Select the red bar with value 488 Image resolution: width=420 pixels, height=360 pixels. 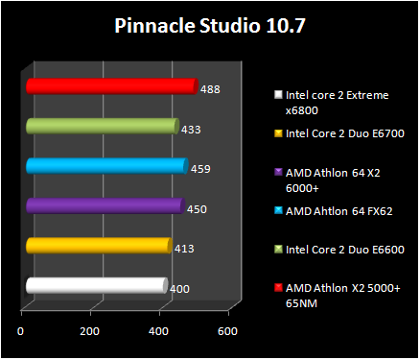click(110, 86)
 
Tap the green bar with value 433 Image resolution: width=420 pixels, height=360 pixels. click(102, 126)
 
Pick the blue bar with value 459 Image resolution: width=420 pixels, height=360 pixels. click(105, 166)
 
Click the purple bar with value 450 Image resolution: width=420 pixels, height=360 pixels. click(104, 205)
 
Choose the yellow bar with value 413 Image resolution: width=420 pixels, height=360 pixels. click(98, 246)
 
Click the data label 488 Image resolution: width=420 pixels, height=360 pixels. click(211, 89)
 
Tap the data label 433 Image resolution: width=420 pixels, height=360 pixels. click(192, 129)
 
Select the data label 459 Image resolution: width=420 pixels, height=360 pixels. click(199, 169)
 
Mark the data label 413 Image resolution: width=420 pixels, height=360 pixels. click(184, 249)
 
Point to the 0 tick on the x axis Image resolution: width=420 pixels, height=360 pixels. click(22, 331)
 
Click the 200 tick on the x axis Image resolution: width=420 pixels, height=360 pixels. click(90, 331)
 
